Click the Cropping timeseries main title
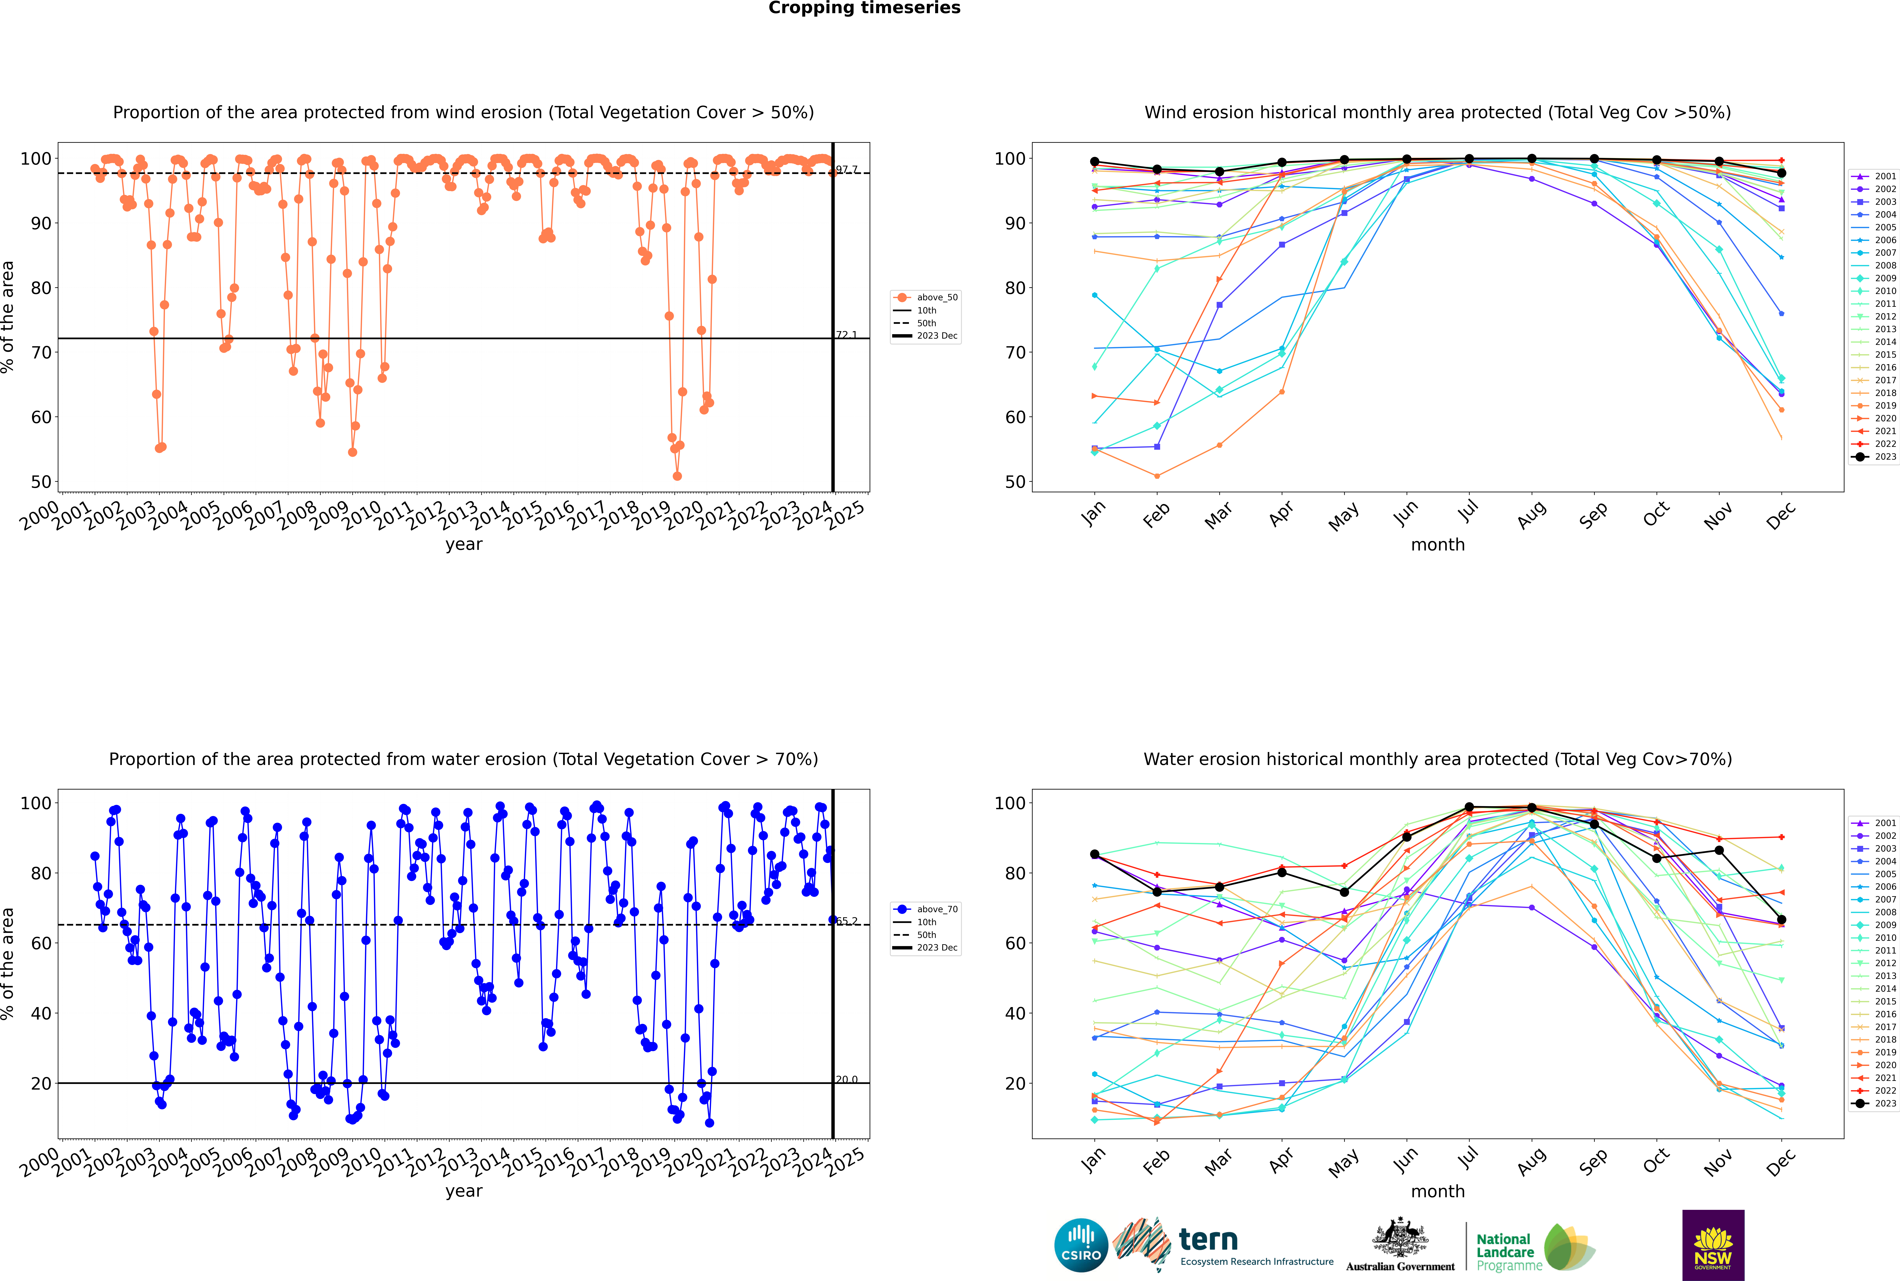[x=864, y=8]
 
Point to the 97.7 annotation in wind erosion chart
[x=846, y=169]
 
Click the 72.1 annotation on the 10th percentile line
[x=846, y=335]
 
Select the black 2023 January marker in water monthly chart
[x=1095, y=854]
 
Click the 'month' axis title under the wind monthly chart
[x=1438, y=545]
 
